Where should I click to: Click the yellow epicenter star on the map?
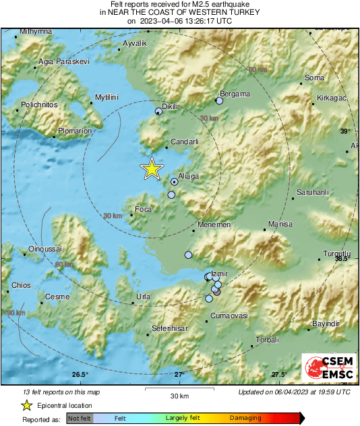click(x=152, y=169)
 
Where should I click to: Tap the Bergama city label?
click(x=235, y=94)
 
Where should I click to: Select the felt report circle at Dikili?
click(x=159, y=111)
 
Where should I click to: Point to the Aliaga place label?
click(x=189, y=176)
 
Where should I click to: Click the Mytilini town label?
click(x=107, y=97)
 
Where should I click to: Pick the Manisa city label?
click(x=280, y=224)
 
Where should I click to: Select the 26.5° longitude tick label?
click(x=80, y=374)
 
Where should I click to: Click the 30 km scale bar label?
click(x=179, y=395)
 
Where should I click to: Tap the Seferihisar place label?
click(x=168, y=328)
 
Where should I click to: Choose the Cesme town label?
click(x=53, y=297)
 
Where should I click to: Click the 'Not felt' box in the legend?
click(x=79, y=418)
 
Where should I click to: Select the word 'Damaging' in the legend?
click(x=245, y=418)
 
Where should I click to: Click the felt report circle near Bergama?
click(x=219, y=101)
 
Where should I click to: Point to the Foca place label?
click(x=144, y=209)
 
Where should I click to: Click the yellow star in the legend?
click(x=26, y=406)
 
